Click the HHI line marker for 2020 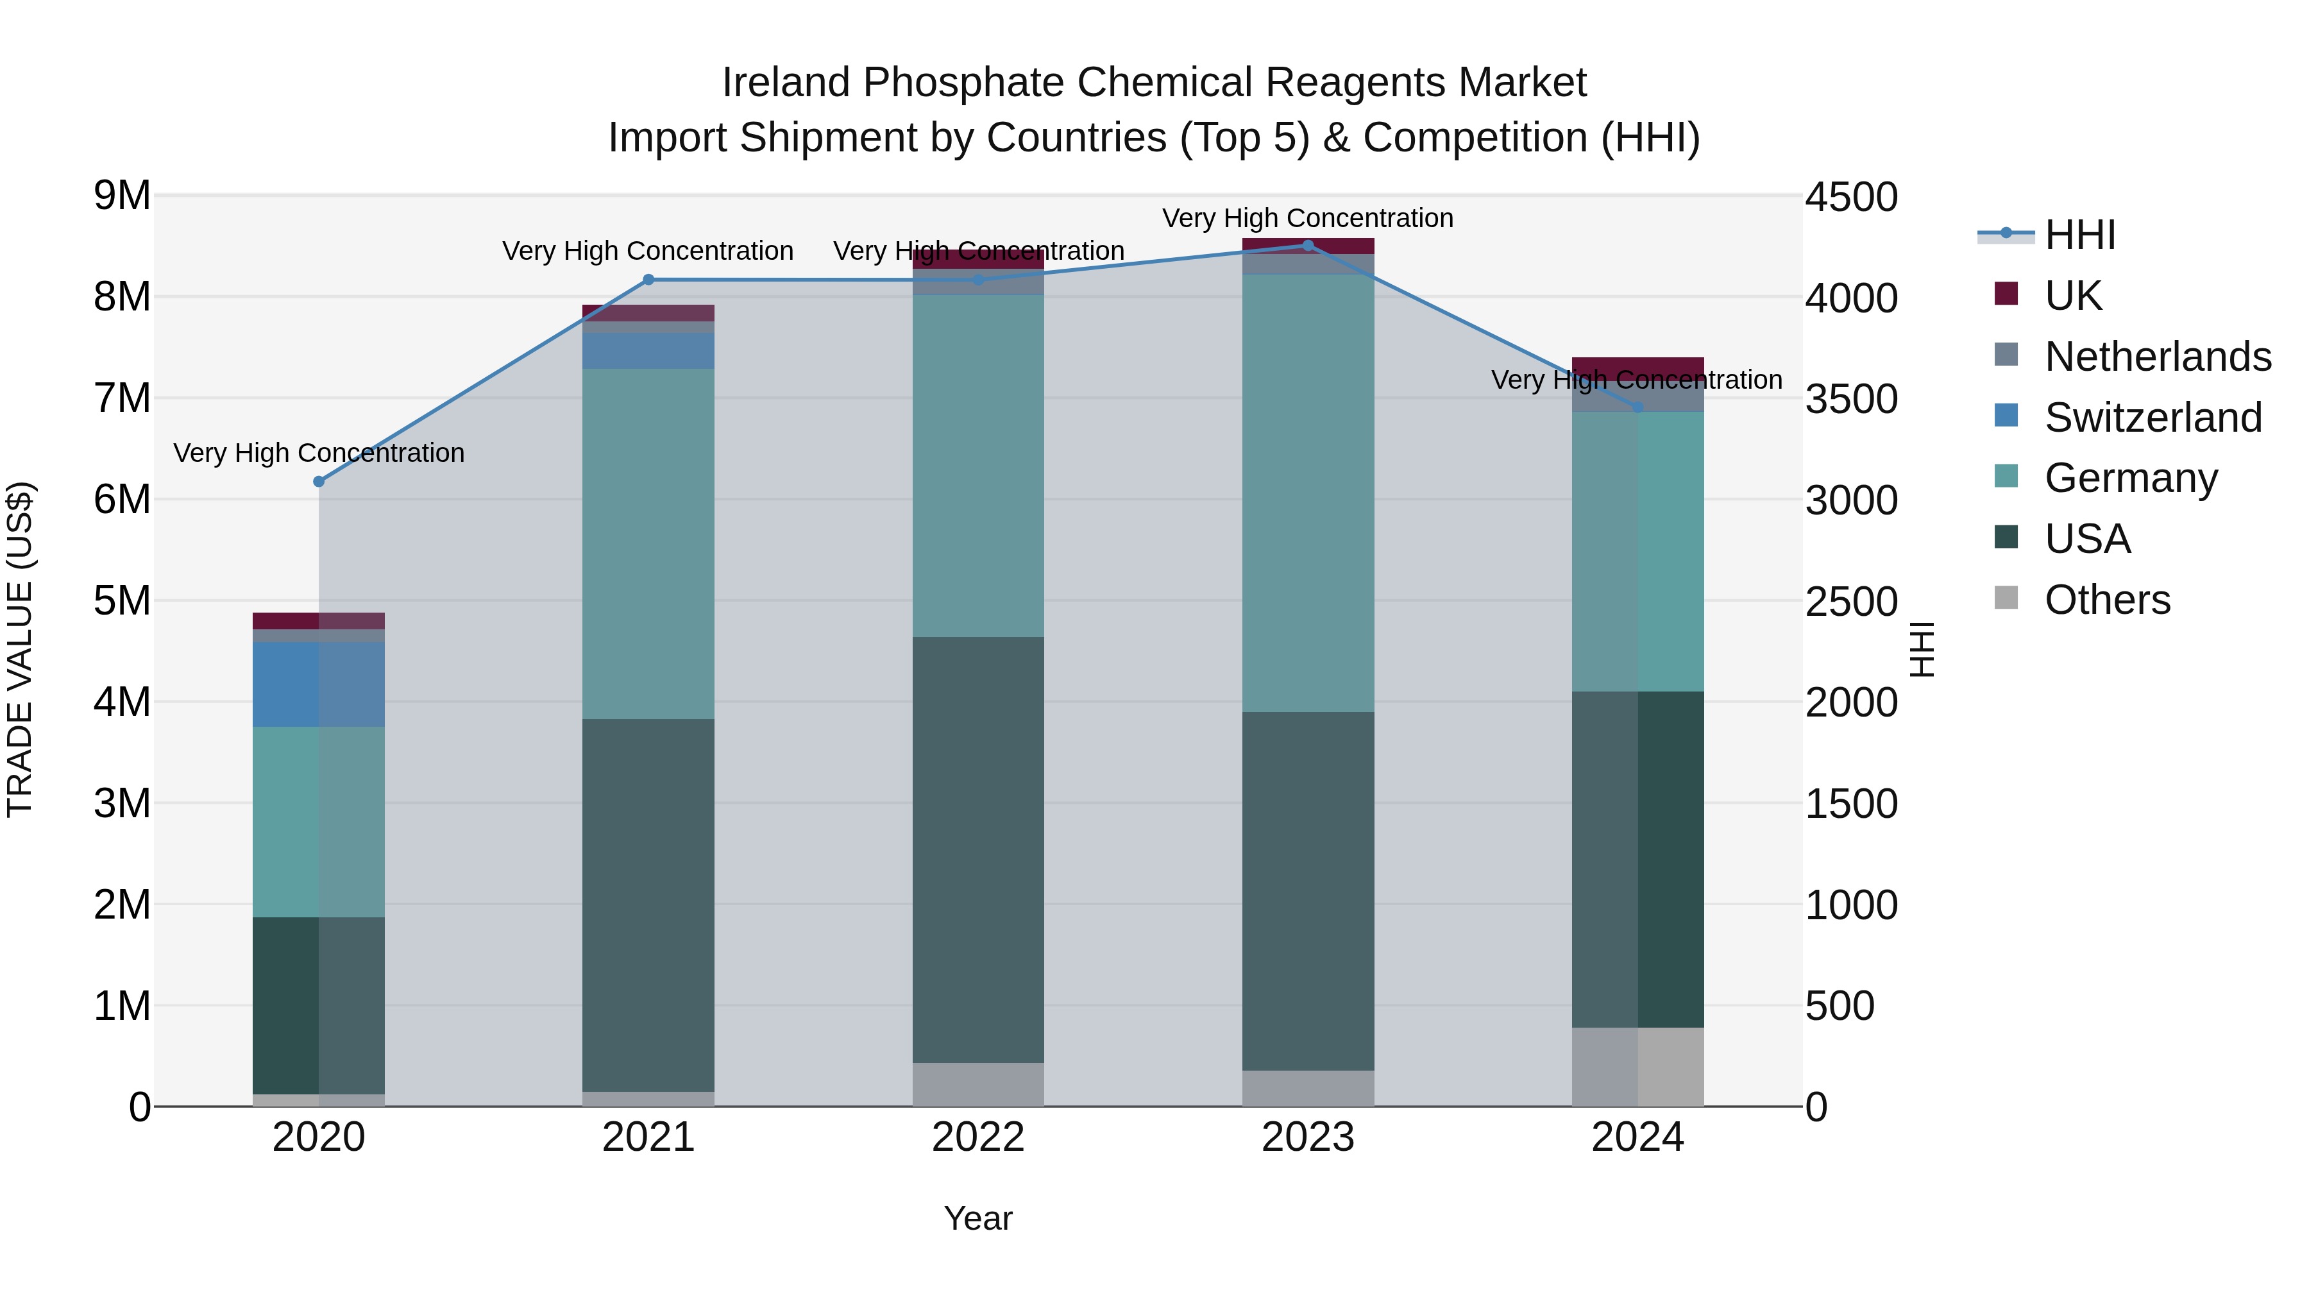click(319, 481)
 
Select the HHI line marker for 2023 click(1308, 245)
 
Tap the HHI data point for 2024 click(1637, 407)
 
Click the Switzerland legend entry click(2152, 418)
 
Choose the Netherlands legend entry click(2156, 357)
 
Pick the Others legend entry click(2106, 600)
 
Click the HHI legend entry click(2079, 235)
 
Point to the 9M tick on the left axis click(122, 196)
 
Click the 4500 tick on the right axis click(1851, 197)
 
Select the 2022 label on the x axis click(978, 1137)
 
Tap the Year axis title click(978, 1218)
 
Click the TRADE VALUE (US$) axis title click(20, 649)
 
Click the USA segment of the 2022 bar click(978, 850)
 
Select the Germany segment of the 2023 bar click(1308, 493)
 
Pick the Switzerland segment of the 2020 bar click(319, 684)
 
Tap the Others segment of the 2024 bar click(1637, 1067)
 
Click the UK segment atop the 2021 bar click(648, 313)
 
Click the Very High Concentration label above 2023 click(1308, 218)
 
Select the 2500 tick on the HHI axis click(1851, 602)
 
